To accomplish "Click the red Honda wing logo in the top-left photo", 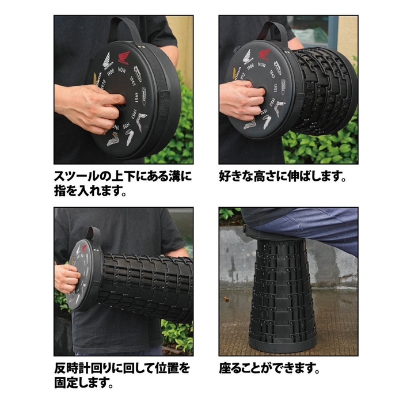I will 124,58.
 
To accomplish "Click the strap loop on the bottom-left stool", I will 94,233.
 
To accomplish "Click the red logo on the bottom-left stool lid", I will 85,248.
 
